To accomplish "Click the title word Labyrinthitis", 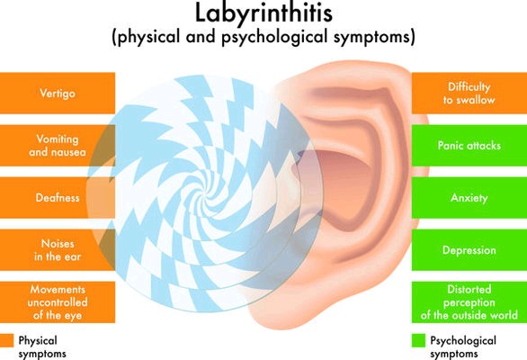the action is [x=263, y=13].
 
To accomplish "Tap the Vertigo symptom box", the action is [x=58, y=93].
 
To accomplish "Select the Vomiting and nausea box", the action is [x=58, y=145].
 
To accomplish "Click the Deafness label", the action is [x=58, y=197].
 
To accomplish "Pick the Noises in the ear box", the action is [x=58, y=250].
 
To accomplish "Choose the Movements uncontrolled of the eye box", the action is [x=58, y=302].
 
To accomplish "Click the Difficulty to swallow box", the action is [x=469, y=93].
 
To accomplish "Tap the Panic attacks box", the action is [x=469, y=145].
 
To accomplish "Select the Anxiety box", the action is [x=469, y=197].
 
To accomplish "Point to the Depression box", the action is [x=469, y=250].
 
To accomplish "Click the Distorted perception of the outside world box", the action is [x=469, y=302].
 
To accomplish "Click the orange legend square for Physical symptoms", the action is [x=6, y=340].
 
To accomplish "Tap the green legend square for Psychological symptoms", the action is [x=418, y=340].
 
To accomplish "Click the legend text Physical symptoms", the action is [x=42, y=347].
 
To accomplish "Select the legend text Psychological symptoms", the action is [x=463, y=347].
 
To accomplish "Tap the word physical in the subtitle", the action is [x=148, y=37].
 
